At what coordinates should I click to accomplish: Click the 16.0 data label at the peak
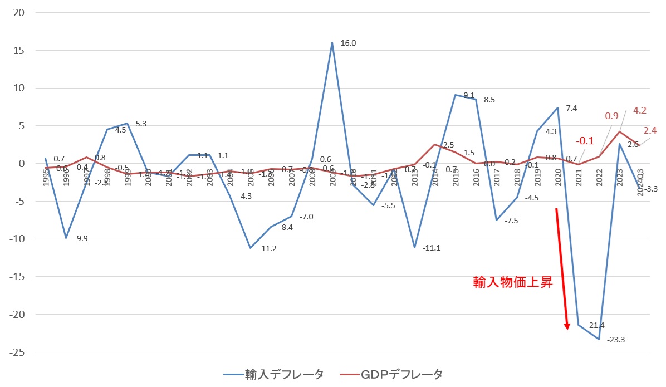tap(349, 43)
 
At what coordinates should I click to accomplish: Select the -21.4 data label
tap(595, 325)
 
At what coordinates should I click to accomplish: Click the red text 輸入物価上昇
tap(512, 282)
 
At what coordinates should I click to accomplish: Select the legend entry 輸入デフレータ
tap(283, 374)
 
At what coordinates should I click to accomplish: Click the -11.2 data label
tap(267, 248)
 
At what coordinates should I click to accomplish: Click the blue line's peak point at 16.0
tap(332, 42)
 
